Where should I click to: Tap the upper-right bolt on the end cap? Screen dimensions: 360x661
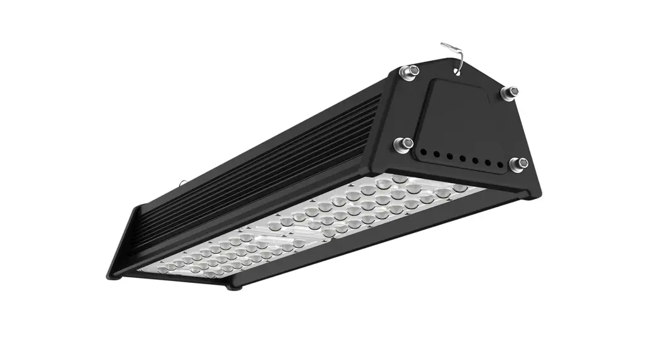(509, 93)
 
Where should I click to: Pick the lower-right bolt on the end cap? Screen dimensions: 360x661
(517, 165)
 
